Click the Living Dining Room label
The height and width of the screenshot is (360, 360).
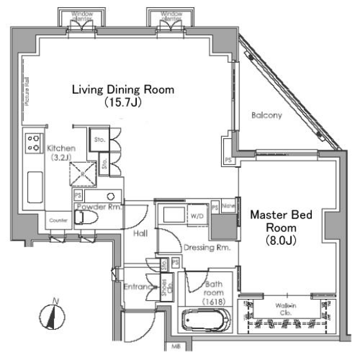pyautogui.click(x=123, y=95)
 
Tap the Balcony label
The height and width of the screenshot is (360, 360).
pyautogui.click(x=266, y=115)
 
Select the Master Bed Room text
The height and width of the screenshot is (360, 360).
pyautogui.click(x=281, y=228)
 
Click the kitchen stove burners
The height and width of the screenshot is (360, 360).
pyautogui.click(x=33, y=143)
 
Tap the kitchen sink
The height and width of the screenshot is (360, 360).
pyautogui.click(x=34, y=187)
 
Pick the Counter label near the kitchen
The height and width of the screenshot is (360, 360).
pyautogui.click(x=58, y=220)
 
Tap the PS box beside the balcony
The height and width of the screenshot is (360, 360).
pyautogui.click(x=228, y=160)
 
